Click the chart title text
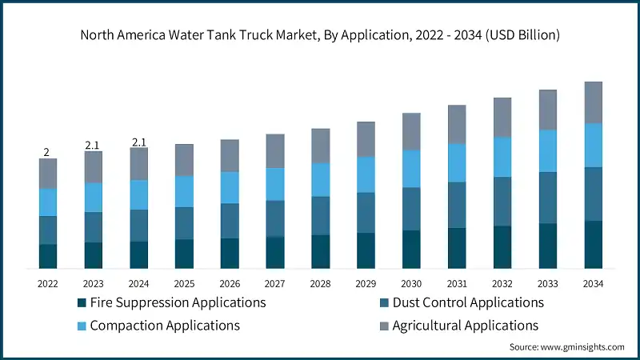tap(320, 35)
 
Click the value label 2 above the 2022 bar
tap(46, 152)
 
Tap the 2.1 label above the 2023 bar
tap(93, 145)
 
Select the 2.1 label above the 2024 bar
tap(138, 142)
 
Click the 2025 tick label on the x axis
tap(184, 283)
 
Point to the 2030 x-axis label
tap(411, 283)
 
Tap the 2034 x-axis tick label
tap(593, 283)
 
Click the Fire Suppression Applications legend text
tap(178, 302)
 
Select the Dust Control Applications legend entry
tap(468, 302)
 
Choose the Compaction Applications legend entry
tap(165, 326)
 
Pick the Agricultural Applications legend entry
tap(465, 326)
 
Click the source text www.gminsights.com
tap(566, 347)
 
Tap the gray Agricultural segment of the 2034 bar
tap(593, 102)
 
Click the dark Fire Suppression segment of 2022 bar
tap(48, 256)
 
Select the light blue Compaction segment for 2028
tap(321, 179)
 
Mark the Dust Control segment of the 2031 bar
tap(457, 205)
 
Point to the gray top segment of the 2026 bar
tap(230, 155)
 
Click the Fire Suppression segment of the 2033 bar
tap(547, 246)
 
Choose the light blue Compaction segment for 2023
tap(94, 197)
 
